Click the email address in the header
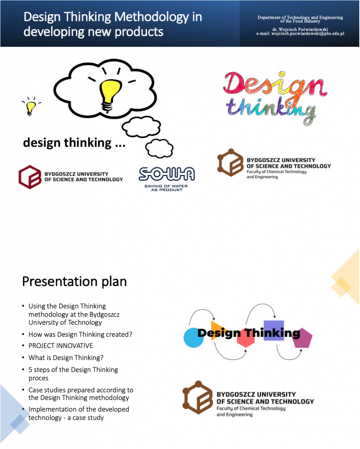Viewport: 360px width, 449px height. pyautogui.click(x=308, y=33)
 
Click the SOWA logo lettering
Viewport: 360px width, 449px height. pyautogui.click(x=167, y=174)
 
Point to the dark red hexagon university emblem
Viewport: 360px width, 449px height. pyautogui.click(x=30, y=177)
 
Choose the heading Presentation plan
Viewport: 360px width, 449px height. pyautogui.click(x=74, y=281)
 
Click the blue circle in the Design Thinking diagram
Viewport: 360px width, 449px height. pyautogui.click(x=193, y=337)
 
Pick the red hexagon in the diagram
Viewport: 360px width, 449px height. pyautogui.click(x=246, y=338)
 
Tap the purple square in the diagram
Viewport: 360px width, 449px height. pyautogui.click(x=274, y=330)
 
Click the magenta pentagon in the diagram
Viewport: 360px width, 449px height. pyautogui.click(x=302, y=338)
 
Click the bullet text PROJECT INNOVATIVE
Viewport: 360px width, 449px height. pyautogui.click(x=61, y=346)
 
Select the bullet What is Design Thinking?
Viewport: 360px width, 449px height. pyautogui.click(x=66, y=358)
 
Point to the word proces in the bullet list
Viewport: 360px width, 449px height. pyautogui.click(x=39, y=378)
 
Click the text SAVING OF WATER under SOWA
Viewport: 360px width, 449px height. pyautogui.click(x=166, y=186)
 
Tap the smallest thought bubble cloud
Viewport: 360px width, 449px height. pyautogui.click(x=159, y=148)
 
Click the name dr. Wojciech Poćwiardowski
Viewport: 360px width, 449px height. pyautogui.click(x=300, y=29)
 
